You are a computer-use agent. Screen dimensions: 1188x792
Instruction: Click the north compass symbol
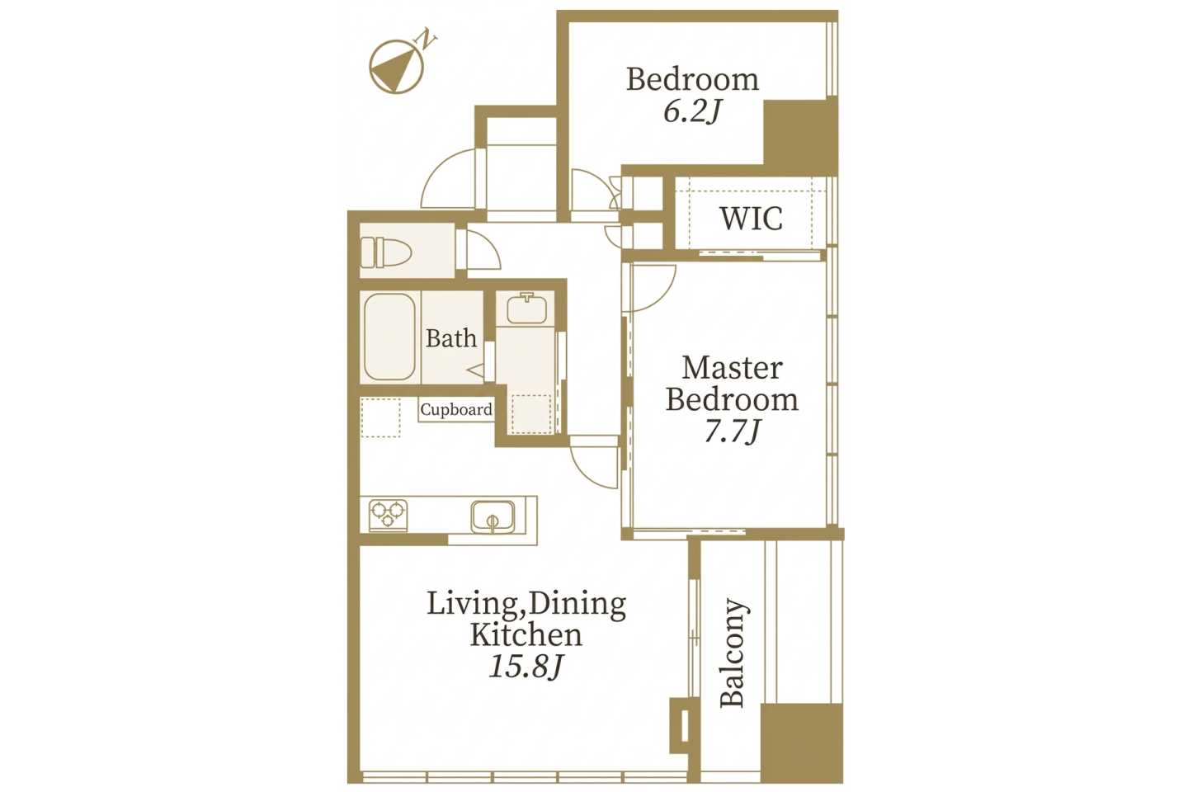click(396, 67)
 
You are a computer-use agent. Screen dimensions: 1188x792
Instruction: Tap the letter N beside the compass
click(427, 40)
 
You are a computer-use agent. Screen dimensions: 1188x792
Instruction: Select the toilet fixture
click(385, 252)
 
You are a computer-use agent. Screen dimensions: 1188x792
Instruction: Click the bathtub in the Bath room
click(389, 337)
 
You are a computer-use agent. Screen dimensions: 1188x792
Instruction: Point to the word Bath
click(451, 338)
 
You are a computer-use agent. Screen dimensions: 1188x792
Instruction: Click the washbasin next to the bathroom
click(526, 308)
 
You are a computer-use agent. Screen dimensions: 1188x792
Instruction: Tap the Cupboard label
click(456, 409)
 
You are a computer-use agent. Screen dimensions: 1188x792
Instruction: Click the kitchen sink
click(493, 516)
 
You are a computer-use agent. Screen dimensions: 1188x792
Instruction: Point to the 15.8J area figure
click(525, 667)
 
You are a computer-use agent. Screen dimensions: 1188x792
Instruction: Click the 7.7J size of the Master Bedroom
click(732, 431)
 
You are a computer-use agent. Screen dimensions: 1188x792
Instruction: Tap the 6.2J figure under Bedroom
click(691, 112)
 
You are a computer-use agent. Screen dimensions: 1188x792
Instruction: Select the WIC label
click(751, 218)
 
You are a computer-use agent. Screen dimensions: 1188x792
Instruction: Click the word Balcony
click(733, 653)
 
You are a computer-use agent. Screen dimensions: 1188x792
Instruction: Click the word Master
click(732, 368)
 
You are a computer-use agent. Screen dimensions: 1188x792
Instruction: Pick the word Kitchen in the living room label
click(526, 635)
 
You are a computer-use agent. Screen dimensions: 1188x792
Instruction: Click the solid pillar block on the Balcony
click(801, 742)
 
